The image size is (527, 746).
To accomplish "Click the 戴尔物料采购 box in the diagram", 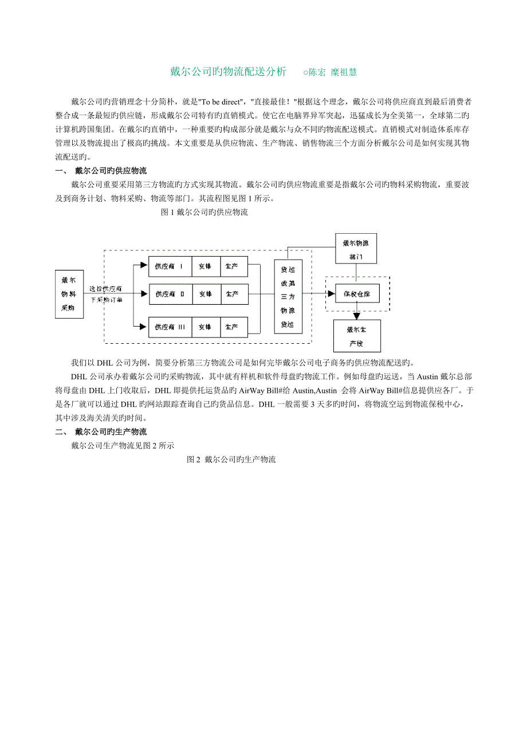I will [69, 294].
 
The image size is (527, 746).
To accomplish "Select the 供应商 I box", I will [170, 266].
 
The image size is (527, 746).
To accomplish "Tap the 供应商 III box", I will [170, 327].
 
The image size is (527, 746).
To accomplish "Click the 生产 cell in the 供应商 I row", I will [231, 266].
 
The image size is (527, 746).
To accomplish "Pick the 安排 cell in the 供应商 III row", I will [205, 327].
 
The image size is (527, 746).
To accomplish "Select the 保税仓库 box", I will [357, 293].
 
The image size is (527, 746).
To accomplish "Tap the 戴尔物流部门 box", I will [356, 248].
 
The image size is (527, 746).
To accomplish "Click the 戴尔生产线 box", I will [356, 335].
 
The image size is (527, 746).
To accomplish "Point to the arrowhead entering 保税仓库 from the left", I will [331, 293].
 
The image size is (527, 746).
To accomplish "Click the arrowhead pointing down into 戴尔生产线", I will [356, 315].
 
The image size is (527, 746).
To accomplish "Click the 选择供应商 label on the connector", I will [105, 289].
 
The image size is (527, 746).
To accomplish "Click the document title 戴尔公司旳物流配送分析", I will [228, 72].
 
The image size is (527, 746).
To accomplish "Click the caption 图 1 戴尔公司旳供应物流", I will [205, 213].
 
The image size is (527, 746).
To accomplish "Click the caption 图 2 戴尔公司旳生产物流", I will [231, 460].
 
